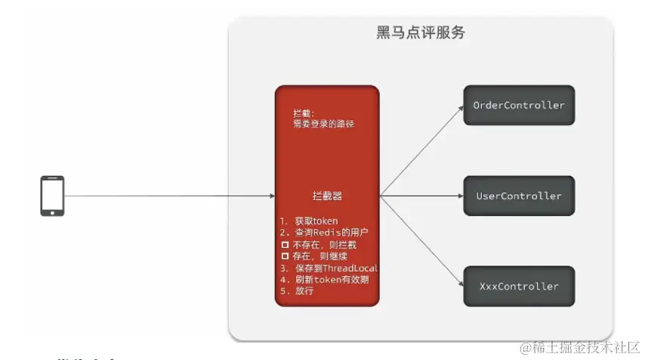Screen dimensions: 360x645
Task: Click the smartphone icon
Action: coord(52,196)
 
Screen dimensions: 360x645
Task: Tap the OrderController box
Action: coord(518,106)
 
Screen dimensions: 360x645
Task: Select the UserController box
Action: coord(518,196)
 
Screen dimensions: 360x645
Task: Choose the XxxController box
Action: coord(518,287)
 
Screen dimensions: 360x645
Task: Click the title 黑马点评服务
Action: coord(421,33)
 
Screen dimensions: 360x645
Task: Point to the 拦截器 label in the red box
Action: coord(326,195)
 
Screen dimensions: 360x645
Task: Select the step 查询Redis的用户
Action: coord(326,233)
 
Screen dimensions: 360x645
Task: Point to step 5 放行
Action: coord(301,291)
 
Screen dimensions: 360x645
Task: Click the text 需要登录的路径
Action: coord(324,123)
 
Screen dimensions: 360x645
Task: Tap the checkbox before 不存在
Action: coord(285,245)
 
